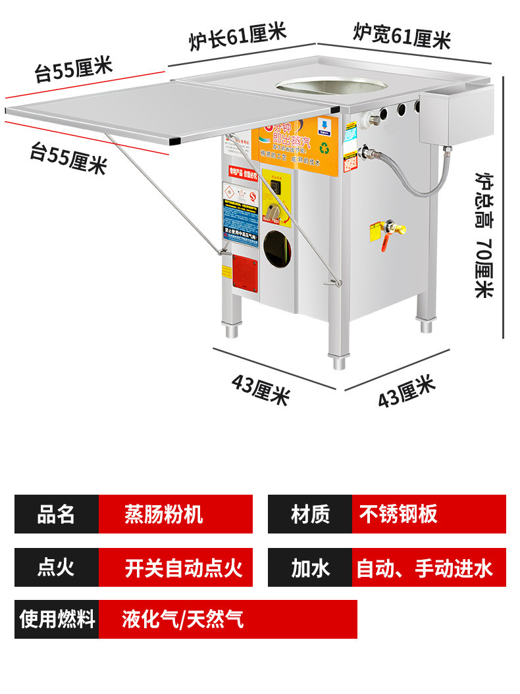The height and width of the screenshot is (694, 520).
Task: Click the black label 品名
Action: [x=57, y=514]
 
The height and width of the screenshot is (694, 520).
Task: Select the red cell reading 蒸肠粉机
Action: [x=175, y=514]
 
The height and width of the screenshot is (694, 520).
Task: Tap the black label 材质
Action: [x=310, y=514]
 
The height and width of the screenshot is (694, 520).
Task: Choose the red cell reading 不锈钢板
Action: [x=429, y=514]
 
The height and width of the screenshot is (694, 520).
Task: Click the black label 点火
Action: [x=57, y=567]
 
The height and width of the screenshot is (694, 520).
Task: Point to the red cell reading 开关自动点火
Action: [x=175, y=567]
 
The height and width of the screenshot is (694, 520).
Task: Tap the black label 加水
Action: [x=310, y=567]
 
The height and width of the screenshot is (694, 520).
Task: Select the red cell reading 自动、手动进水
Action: [x=429, y=567]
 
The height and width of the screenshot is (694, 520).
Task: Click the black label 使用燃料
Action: [x=57, y=619]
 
